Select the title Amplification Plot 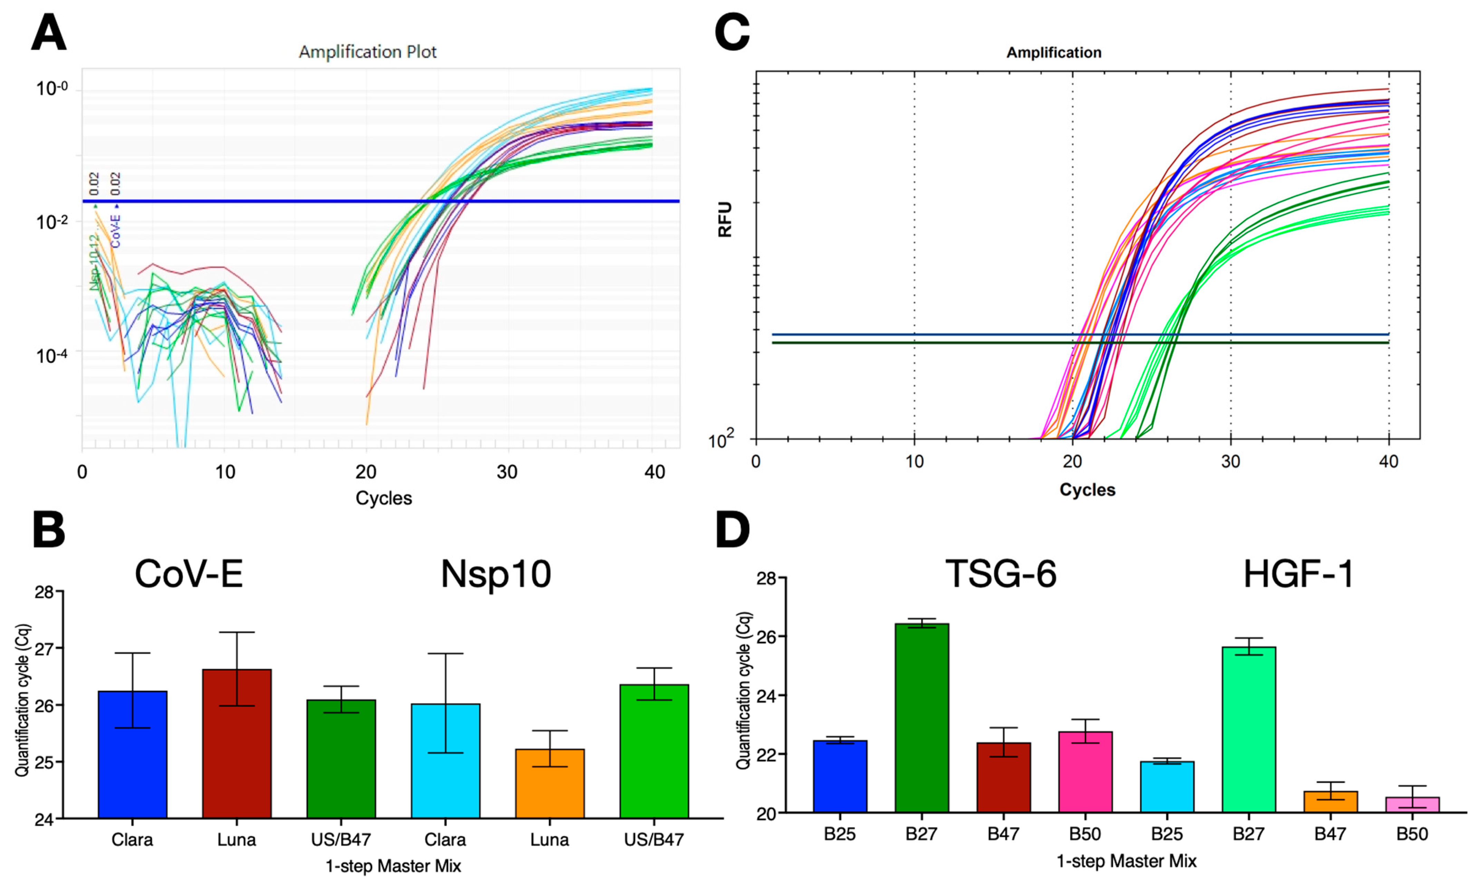(x=367, y=52)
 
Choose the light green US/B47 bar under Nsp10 (x=654, y=751)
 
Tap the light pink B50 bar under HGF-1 (x=1412, y=804)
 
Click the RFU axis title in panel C (x=725, y=220)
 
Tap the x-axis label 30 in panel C (x=1230, y=461)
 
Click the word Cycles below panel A (x=383, y=498)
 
